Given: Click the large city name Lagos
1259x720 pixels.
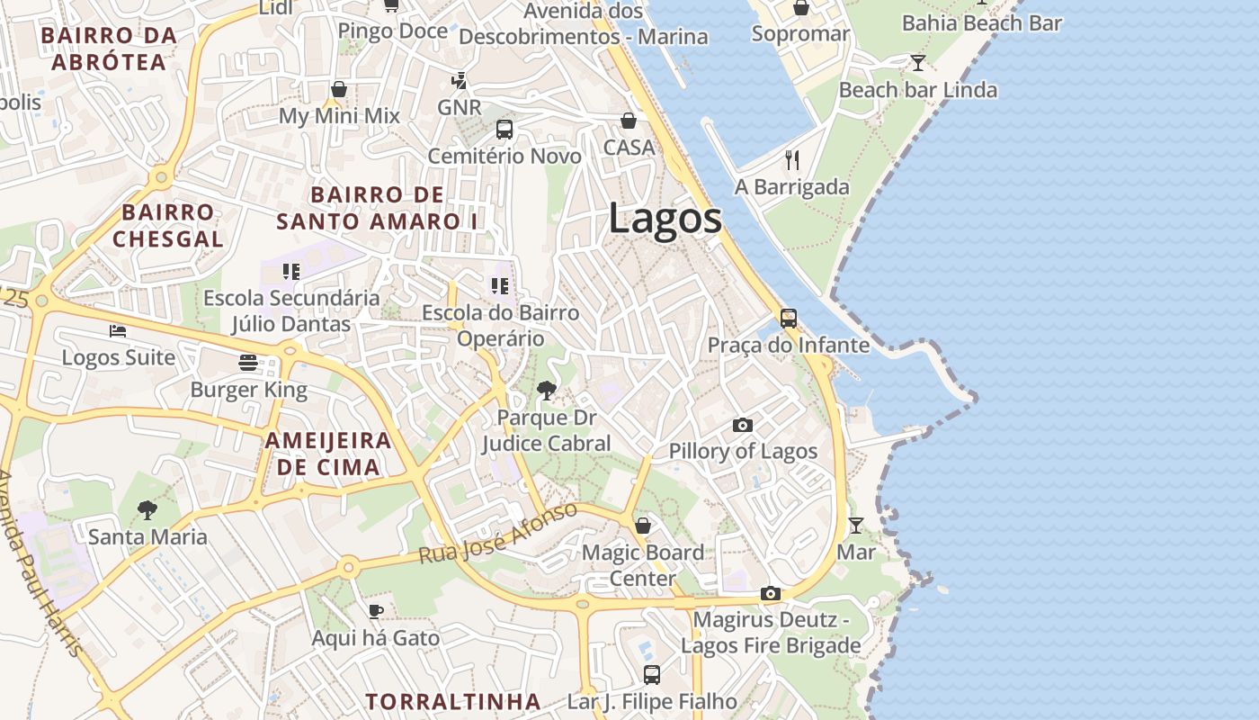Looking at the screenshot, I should click(665, 219).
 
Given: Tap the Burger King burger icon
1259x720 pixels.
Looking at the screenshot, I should click(249, 363).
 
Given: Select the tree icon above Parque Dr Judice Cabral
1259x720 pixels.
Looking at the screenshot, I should click(546, 391).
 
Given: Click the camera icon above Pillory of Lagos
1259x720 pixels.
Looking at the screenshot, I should click(743, 425).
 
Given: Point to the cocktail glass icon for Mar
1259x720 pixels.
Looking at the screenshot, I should click(856, 525).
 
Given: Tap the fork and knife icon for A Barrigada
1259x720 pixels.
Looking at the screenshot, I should click(792, 160).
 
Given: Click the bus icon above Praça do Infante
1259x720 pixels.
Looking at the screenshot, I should click(789, 319).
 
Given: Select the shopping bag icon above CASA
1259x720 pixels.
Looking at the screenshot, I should click(629, 121).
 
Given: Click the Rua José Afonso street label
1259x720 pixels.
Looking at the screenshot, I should click(498, 534).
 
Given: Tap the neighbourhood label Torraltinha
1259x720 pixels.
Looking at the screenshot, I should click(453, 701).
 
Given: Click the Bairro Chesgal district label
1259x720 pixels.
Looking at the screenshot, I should click(168, 226).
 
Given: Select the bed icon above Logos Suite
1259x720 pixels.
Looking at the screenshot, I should click(118, 331).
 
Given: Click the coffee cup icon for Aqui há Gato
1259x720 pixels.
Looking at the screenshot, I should click(376, 612).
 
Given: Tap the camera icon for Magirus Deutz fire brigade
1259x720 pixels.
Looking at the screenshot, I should click(771, 594).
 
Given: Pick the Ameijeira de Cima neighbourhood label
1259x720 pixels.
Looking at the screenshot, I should click(328, 454).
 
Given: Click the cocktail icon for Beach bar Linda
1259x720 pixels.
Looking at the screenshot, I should click(917, 62).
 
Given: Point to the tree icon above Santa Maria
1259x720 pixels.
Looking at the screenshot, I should click(147, 510).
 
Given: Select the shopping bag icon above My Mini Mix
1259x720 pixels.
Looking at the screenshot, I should click(339, 89).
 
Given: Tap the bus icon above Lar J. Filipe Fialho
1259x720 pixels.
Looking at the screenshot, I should click(652, 674).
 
